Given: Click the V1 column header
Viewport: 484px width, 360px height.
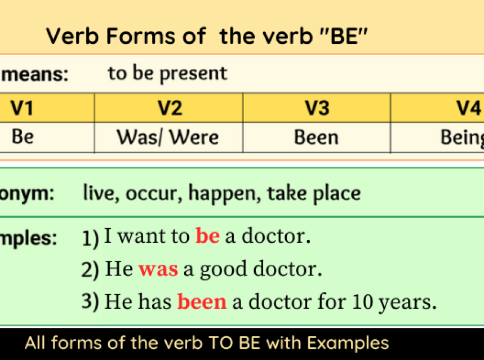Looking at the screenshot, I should (23, 108).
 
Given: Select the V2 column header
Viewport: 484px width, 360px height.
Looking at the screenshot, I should (169, 108).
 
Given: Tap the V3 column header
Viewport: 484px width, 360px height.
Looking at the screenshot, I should (316, 108).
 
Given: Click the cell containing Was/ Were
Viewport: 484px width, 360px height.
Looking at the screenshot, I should (167, 137).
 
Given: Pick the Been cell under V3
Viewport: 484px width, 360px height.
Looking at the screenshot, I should (316, 137).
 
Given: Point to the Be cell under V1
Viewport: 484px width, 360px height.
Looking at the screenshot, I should (23, 137).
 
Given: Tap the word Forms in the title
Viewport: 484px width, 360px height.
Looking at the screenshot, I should (141, 37).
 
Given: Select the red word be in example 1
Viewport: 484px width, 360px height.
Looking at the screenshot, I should (207, 236).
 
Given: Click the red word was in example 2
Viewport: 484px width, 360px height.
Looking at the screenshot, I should (158, 269).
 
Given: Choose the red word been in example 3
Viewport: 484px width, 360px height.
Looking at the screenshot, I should (202, 302).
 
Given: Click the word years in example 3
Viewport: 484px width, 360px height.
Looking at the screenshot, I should (408, 303).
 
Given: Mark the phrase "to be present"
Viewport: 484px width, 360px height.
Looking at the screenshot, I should (167, 73).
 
